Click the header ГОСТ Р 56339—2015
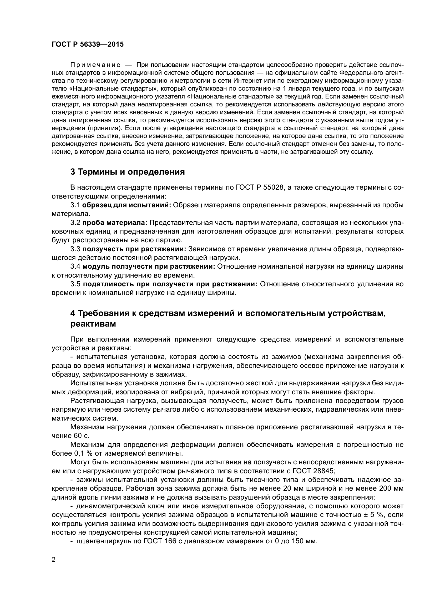(88, 45)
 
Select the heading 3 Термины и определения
(128, 172)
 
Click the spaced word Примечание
(95, 65)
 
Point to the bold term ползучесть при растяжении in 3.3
(134, 249)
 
